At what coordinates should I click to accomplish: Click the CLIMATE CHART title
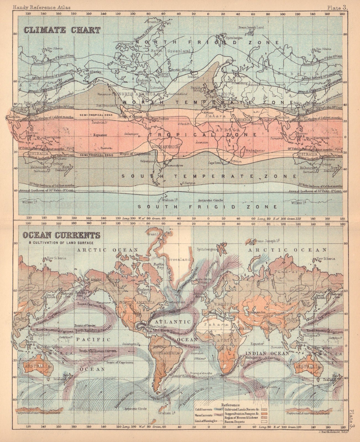(62, 30)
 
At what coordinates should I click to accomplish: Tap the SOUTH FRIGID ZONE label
(207, 206)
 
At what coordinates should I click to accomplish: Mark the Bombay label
(257, 124)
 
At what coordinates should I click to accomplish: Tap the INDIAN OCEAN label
(267, 353)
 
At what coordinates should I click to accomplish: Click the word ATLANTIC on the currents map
(173, 322)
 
